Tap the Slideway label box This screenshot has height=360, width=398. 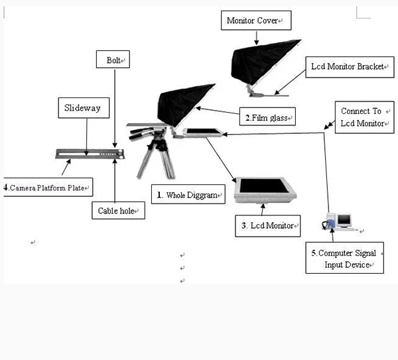click(82, 107)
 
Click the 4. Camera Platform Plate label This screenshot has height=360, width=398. click(46, 188)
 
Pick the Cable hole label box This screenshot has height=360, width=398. click(117, 211)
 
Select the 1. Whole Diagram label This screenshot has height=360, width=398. click(188, 195)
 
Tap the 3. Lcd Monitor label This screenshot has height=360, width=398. click(267, 225)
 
